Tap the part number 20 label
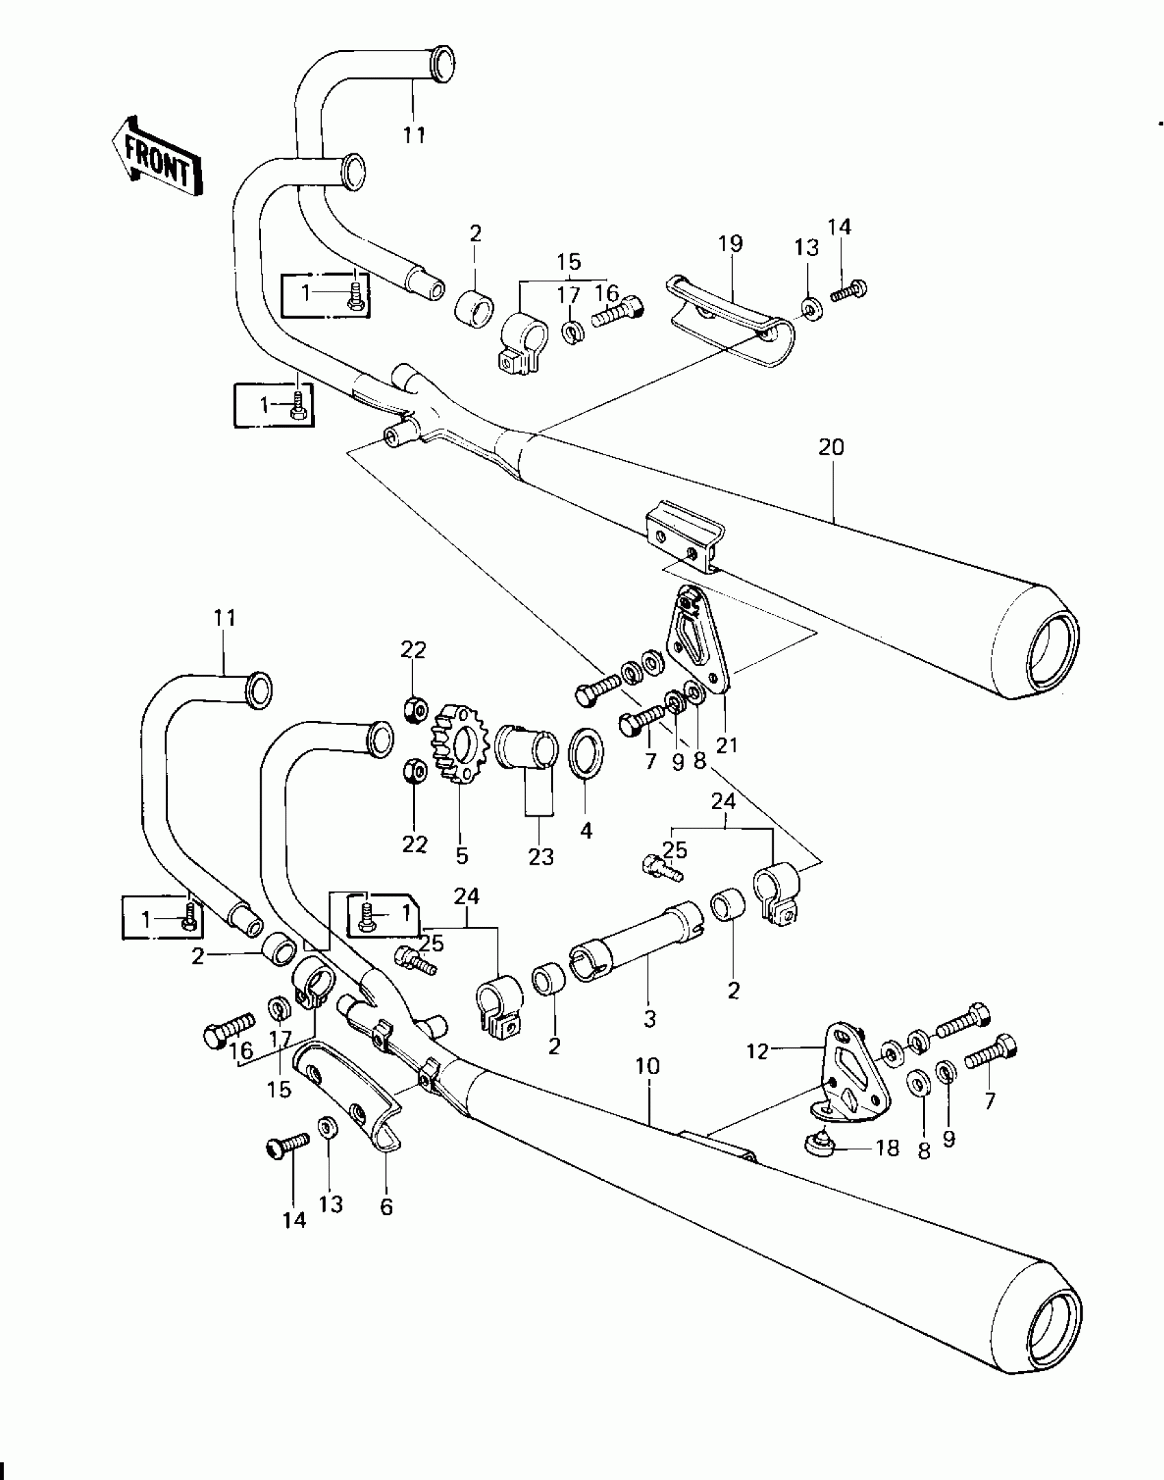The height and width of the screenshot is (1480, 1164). [831, 448]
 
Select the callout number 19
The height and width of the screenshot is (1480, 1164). [731, 244]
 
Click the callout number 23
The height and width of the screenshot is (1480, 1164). [541, 856]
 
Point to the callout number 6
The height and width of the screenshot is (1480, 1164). [386, 1208]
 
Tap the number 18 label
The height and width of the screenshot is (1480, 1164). [887, 1148]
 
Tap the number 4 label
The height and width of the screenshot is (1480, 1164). [585, 831]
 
